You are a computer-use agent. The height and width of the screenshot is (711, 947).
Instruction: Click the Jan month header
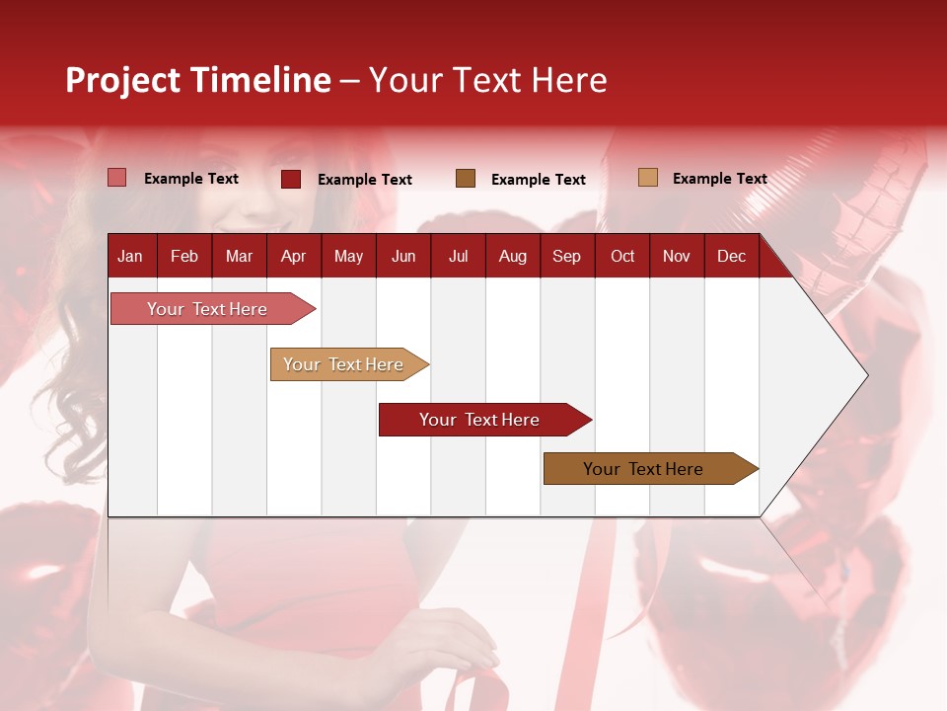point(130,256)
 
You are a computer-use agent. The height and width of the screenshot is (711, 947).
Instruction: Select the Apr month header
point(293,256)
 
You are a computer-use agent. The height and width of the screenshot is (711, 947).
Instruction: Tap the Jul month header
point(458,256)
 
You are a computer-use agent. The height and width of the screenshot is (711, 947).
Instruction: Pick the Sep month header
point(566,256)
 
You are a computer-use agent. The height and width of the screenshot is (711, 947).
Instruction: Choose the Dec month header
point(731,256)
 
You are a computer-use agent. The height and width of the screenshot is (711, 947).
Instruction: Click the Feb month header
point(184,256)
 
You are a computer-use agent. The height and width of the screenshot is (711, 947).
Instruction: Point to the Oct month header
point(622,256)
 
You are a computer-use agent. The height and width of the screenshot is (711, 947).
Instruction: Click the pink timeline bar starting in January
point(207,309)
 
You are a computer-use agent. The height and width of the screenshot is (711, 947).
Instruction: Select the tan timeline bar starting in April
point(343,364)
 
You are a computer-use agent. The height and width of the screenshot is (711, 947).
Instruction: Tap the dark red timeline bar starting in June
point(479,420)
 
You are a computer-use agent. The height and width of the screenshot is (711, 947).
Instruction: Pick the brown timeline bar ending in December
point(643,469)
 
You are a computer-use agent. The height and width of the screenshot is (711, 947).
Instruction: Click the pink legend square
point(117,178)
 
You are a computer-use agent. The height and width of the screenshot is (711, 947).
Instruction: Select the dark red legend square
point(291,179)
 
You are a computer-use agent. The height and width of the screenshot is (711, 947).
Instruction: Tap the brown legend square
point(466,179)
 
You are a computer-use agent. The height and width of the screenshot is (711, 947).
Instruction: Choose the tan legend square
point(647,178)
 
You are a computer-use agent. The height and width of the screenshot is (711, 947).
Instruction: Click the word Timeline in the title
point(260,80)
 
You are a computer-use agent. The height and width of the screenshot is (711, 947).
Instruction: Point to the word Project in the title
point(123,80)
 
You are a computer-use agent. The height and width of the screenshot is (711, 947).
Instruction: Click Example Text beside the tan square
point(719,179)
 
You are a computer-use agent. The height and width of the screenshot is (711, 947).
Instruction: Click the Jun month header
point(403,256)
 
